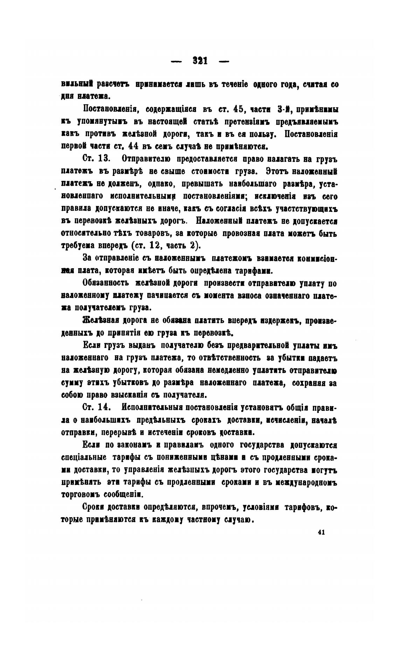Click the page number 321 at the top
200,61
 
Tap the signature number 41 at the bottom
322,532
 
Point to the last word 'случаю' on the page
239,519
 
